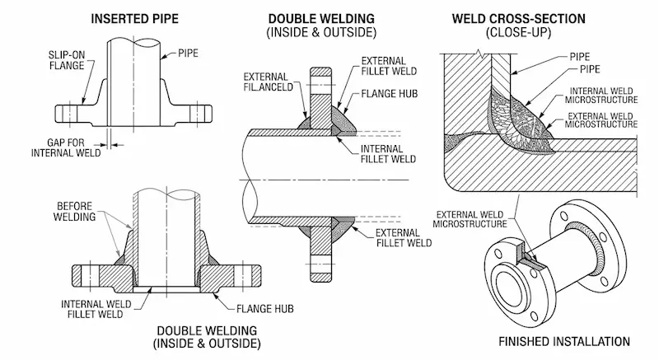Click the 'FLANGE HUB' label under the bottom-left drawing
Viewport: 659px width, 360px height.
pyautogui.click(x=265, y=309)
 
